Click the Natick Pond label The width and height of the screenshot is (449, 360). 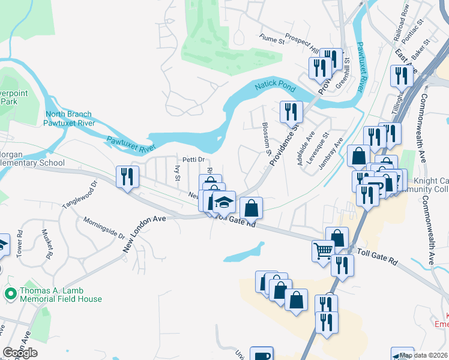point(276,87)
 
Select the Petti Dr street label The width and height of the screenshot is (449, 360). point(194,160)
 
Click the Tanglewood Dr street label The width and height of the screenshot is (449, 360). point(80,196)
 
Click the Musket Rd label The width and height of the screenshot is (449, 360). point(46,243)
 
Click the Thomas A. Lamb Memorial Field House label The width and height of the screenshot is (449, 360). point(61,295)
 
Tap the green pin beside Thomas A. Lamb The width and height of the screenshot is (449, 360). point(10,294)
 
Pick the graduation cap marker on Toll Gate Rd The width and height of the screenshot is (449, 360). point(224,202)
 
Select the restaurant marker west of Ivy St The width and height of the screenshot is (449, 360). point(127,176)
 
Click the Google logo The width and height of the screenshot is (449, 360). point(20,352)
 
